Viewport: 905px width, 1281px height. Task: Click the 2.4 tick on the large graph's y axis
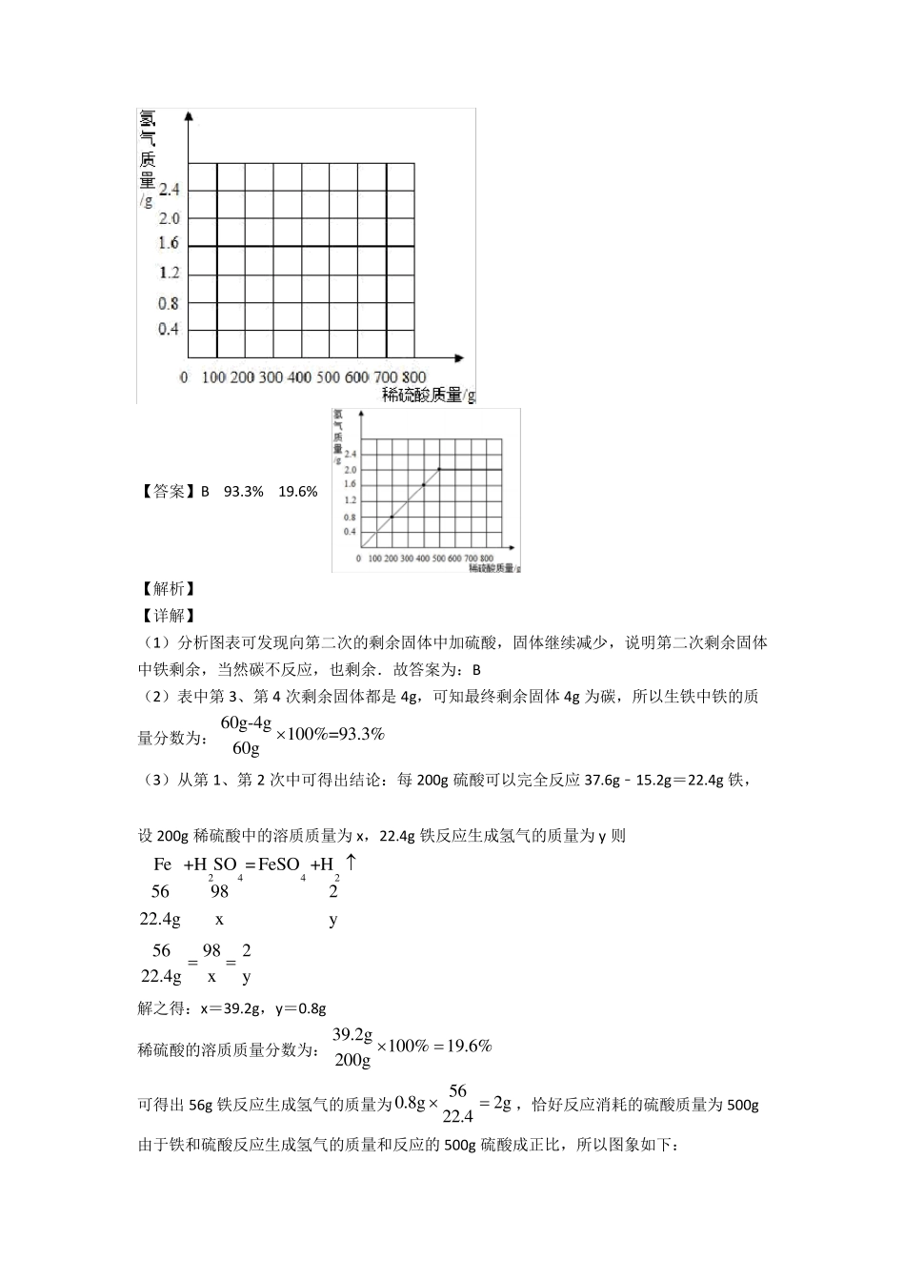click(x=169, y=190)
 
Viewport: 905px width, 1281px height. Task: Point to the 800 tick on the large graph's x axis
click(x=414, y=377)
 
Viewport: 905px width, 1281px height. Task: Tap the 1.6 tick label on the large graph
click(x=169, y=244)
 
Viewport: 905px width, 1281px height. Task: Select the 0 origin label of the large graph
click(x=184, y=377)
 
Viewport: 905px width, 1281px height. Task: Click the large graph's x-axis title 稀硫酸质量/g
click(x=428, y=395)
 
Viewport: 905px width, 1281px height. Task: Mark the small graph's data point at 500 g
click(x=439, y=469)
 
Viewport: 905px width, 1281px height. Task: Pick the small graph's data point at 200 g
click(x=392, y=517)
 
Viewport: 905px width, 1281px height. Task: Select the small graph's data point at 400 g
click(x=423, y=485)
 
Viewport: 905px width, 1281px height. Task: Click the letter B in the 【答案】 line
click(x=205, y=492)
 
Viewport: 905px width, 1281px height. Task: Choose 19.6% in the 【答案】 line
click(x=297, y=492)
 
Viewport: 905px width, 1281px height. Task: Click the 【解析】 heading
click(x=168, y=589)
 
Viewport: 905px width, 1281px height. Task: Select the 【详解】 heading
click(x=168, y=616)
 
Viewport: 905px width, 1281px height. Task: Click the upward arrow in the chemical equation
click(x=351, y=862)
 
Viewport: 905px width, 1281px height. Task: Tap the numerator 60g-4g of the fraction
click(x=246, y=722)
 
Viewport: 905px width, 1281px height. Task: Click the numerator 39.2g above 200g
click(x=352, y=1034)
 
